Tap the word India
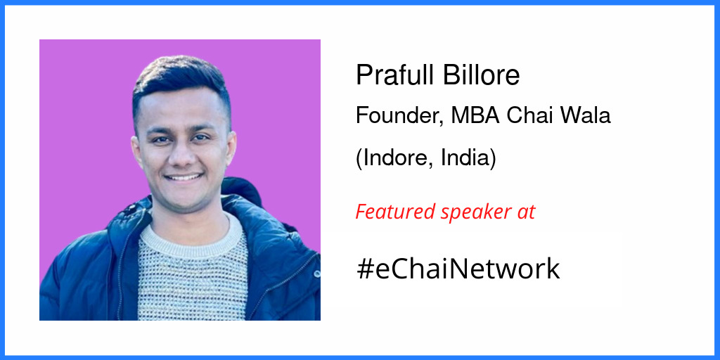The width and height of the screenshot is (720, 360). tap(467, 158)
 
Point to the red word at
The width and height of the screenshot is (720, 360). tap(527, 212)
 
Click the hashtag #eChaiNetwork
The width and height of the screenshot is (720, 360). tap(458, 269)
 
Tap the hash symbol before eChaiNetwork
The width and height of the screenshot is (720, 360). tap(365, 269)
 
